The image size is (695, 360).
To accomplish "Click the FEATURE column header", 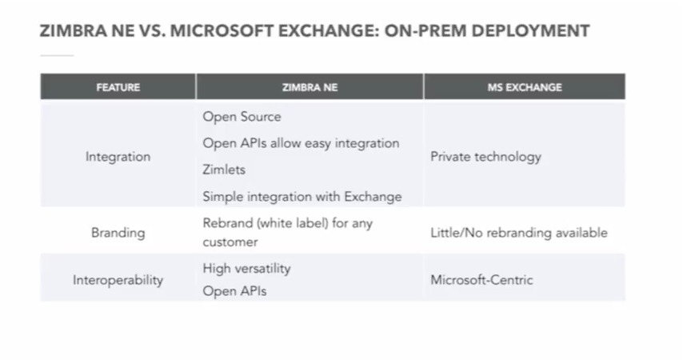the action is [x=118, y=87].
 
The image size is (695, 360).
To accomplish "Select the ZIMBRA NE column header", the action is [x=310, y=87].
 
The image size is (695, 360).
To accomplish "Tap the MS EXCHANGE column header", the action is [x=525, y=87].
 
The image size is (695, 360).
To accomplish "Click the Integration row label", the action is [x=118, y=157].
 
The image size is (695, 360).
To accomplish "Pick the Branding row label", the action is [x=118, y=233].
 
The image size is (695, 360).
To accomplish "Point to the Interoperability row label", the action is [x=118, y=280].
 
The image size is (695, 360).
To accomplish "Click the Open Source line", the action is [x=242, y=117].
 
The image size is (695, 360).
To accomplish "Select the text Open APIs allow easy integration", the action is [x=301, y=144].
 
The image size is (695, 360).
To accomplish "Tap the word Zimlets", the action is [x=224, y=170].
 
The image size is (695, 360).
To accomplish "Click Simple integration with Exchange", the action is [x=302, y=197].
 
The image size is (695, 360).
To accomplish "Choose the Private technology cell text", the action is [x=485, y=157].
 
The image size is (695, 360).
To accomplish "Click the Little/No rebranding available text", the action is [x=519, y=233].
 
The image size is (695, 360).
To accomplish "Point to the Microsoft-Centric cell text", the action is [x=481, y=280].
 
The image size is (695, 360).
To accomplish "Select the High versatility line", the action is [x=247, y=269].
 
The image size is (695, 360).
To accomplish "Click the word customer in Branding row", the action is [x=230, y=242].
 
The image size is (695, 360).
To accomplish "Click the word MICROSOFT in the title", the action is [x=222, y=31].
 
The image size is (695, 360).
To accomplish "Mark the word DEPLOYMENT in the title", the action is [x=530, y=31].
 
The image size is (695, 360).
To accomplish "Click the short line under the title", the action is [x=57, y=56].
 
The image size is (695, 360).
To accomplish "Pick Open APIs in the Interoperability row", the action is [x=235, y=291].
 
